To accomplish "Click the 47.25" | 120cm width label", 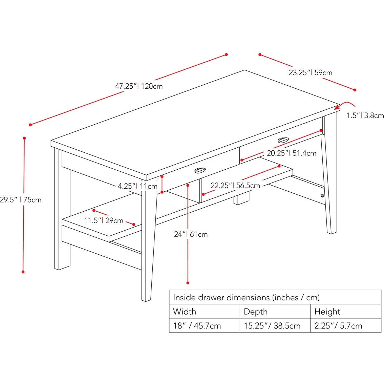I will (139, 86).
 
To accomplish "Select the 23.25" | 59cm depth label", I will (310, 72).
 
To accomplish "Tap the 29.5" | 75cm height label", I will (20, 200).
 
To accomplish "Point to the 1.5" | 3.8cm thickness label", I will (365, 115).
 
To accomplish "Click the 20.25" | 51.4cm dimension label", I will (291, 153).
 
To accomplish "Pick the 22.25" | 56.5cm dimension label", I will (235, 185).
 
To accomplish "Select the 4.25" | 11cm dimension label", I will (137, 186).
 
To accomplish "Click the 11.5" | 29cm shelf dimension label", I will (104, 220).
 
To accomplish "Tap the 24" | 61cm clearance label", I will (191, 234).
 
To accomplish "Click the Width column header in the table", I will (185, 311).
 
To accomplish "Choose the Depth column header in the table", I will (256, 311).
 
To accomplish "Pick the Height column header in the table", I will (327, 311).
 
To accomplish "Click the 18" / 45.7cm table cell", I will (197, 326).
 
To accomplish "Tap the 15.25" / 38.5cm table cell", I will (272, 326).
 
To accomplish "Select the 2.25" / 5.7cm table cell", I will (338, 326).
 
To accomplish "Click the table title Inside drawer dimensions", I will (246, 297).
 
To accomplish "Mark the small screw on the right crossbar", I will (322, 196).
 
